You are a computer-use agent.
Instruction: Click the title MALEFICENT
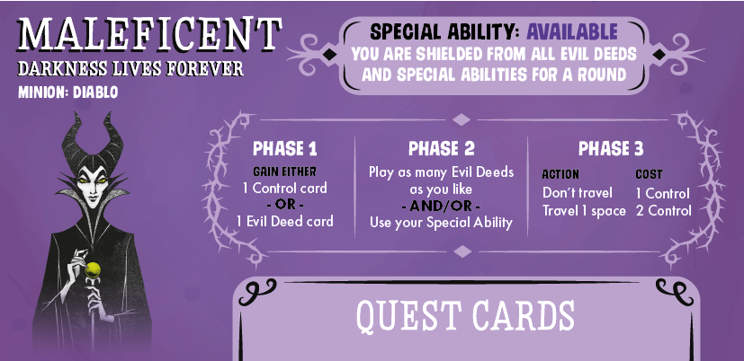149,35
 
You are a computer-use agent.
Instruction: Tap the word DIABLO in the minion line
95,92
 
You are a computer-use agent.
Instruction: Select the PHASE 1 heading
284,149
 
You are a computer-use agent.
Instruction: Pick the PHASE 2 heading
442,149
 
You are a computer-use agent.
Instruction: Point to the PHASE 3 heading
611,149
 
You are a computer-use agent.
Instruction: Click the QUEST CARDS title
465,315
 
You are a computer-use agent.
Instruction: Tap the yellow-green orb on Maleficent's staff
93,270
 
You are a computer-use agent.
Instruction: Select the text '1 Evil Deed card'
284,221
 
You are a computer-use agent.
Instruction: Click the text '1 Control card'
284,188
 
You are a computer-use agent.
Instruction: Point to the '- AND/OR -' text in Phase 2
442,207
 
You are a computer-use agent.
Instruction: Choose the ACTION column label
560,174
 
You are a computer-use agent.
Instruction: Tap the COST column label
650,174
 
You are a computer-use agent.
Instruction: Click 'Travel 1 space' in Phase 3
584,211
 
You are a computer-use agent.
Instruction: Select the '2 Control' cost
663,211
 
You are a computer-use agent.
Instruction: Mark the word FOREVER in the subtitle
205,68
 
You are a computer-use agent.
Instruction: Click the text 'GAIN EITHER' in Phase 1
284,172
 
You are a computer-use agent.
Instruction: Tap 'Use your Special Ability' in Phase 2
442,223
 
